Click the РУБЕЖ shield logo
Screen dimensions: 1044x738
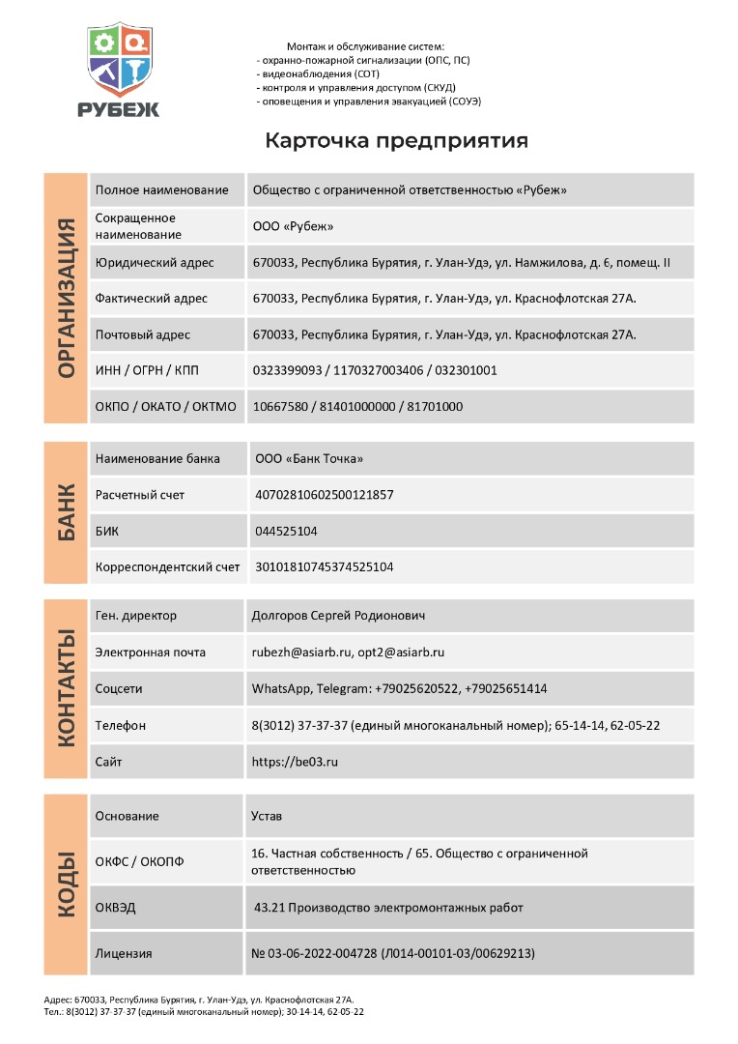click(x=119, y=70)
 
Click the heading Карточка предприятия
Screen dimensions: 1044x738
click(x=396, y=141)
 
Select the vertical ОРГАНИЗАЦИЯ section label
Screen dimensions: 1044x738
click(x=66, y=298)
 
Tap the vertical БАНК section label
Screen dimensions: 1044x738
click(x=66, y=512)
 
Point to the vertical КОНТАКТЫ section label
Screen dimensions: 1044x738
click(x=66, y=688)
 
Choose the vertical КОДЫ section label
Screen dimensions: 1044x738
click(x=66, y=884)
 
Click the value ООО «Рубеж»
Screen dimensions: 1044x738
click(x=293, y=226)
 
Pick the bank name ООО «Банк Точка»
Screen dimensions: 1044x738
click(x=309, y=458)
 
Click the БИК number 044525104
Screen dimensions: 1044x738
click(x=286, y=531)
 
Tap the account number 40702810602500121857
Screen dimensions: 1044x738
click(x=324, y=495)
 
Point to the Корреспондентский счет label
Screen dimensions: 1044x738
click(x=167, y=566)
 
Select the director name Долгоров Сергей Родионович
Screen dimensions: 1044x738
click(x=338, y=615)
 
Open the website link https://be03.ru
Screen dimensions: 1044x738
click(x=295, y=762)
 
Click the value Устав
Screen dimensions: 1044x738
click(x=267, y=816)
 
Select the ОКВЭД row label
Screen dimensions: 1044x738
click(x=116, y=907)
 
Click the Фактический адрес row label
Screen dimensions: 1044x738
click(x=152, y=298)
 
